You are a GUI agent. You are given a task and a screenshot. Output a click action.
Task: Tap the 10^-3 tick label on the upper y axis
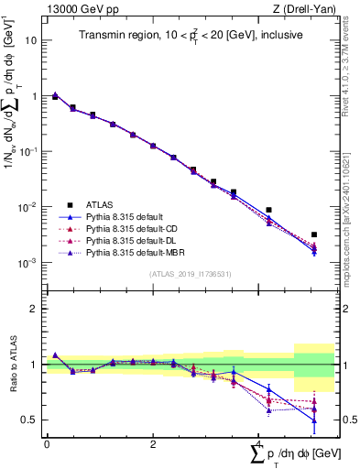(27, 263)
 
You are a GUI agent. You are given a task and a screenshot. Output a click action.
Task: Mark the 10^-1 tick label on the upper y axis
(27, 152)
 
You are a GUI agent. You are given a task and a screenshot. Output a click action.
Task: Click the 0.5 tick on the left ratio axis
(29, 420)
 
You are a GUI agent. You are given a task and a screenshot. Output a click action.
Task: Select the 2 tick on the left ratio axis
(34, 309)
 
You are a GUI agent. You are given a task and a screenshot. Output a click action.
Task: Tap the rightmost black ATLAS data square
(313, 235)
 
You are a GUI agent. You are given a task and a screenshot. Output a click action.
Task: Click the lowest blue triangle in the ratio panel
(313, 420)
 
